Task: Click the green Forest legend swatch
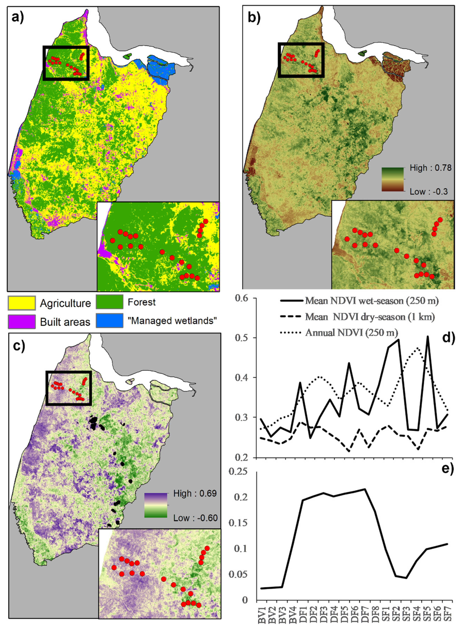coord(109,302)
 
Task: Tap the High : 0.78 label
coord(430,168)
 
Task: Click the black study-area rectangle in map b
coord(301,44)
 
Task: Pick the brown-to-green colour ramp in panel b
coord(392,179)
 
